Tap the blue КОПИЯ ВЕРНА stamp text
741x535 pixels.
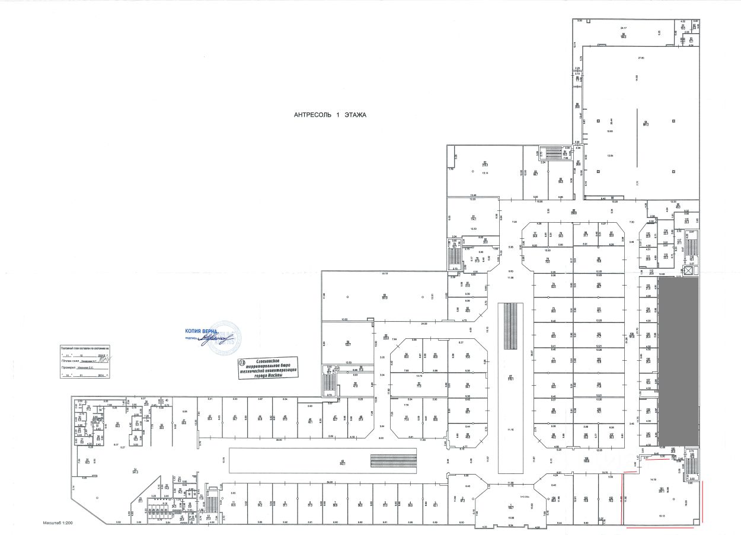coord(202,332)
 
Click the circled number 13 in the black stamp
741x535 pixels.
coord(241,361)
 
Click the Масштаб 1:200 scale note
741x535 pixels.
coord(60,524)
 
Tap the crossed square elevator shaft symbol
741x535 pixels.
coord(689,270)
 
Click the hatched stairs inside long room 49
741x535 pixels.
coord(386,460)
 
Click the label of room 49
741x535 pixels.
coord(342,462)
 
